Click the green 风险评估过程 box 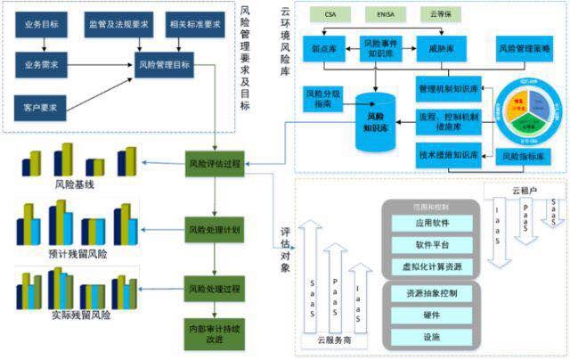(214, 164)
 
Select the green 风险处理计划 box (214, 228)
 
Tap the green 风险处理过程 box (214, 290)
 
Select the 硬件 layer (431, 315)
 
